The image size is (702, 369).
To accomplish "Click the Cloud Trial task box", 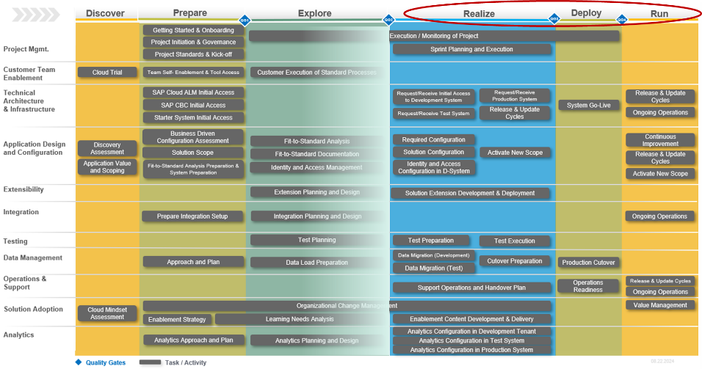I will pos(107,73).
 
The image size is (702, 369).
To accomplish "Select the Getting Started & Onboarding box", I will pos(193,31).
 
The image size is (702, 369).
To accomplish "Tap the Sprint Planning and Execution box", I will pos(471,50).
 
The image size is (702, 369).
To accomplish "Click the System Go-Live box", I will pos(588,106).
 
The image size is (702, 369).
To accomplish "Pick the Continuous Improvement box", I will pos(660,140).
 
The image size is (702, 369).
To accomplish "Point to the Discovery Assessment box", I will pos(107,148).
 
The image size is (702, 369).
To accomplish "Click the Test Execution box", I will pos(515,241).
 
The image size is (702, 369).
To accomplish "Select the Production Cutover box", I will pos(588,263).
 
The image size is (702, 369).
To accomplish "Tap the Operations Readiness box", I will pos(588,286).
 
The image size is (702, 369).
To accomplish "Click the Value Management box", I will pos(660,305).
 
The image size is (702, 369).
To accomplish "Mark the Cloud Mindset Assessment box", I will pos(107,313).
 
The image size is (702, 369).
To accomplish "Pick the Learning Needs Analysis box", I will pos(300,319).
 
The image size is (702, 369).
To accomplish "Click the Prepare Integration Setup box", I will pos(192,216).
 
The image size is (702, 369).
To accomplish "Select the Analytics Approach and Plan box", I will pos(194,340).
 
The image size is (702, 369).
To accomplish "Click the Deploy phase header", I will pos(586,13).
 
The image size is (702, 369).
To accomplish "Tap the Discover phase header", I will pos(106,13).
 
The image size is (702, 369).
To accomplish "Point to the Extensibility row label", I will pos(23,189).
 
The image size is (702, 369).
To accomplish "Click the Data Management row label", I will pos(32,257).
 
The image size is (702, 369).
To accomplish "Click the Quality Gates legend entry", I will pos(105,362).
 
